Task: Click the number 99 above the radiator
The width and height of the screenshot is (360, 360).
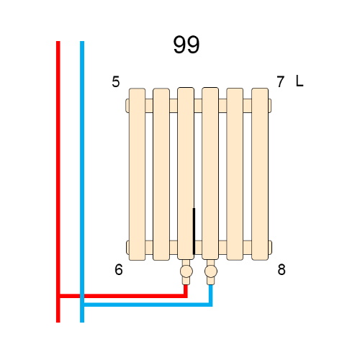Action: (186, 45)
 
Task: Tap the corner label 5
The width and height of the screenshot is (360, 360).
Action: (116, 81)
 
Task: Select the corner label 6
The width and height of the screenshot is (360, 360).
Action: (119, 269)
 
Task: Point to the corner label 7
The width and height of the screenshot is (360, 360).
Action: (280, 81)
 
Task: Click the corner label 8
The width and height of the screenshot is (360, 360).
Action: (282, 269)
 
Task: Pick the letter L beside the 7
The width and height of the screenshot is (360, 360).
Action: (300, 81)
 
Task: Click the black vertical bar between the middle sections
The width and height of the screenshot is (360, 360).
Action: (194, 231)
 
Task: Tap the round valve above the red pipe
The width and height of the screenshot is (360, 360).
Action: (186, 271)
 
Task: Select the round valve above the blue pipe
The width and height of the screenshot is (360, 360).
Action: (211, 271)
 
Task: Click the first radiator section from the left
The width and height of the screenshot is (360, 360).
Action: (137, 174)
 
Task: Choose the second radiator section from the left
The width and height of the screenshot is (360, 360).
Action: (161, 174)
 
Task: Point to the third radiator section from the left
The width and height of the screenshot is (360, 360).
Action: (186, 174)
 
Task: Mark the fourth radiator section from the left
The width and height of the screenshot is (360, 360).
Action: (210, 174)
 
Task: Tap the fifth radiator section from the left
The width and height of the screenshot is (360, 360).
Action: (235, 174)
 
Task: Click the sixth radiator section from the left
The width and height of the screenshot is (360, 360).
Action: (260, 174)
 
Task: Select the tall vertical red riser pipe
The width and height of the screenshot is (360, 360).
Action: (58, 181)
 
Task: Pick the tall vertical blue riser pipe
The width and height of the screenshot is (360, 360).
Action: (82, 181)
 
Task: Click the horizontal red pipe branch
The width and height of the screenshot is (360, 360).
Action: (123, 296)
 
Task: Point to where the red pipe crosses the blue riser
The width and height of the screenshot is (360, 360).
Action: (82, 296)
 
